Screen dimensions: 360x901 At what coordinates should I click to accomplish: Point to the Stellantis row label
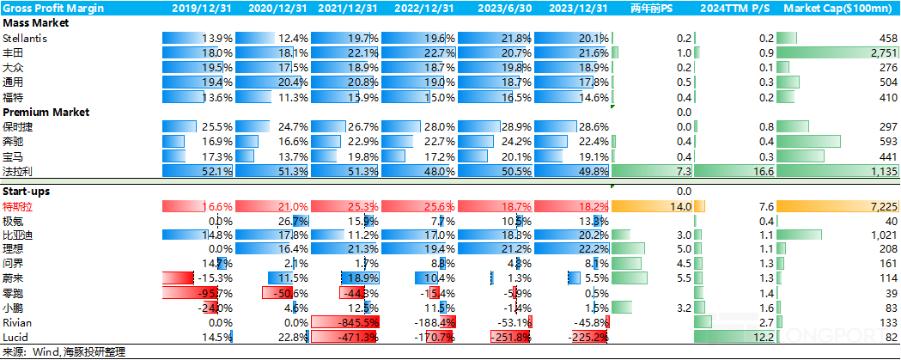click(x=25, y=40)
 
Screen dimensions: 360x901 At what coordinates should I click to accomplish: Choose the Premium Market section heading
click(x=46, y=112)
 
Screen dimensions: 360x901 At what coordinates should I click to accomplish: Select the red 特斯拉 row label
click(x=19, y=207)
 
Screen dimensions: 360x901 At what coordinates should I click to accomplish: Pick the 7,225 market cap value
click(x=880, y=207)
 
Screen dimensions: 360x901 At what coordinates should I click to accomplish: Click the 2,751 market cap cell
click(x=880, y=53)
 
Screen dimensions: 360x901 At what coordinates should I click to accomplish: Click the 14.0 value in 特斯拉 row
click(x=680, y=207)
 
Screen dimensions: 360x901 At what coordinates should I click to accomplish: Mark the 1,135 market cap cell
click(x=880, y=170)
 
